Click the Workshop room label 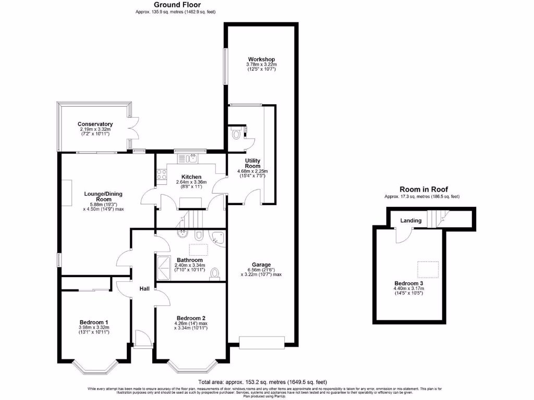pyautogui.click(x=261, y=59)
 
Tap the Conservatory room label pyautogui.click(x=95, y=124)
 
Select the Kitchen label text pyautogui.click(x=191, y=177)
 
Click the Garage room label pyautogui.click(x=261, y=264)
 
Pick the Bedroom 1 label pyautogui.click(x=94, y=322)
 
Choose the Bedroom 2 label pyautogui.click(x=190, y=318)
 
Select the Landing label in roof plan pyautogui.click(x=410, y=221)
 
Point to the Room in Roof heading pyautogui.click(x=423, y=189)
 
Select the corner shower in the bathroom pyautogui.click(x=217, y=238)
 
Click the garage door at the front pyautogui.click(x=261, y=342)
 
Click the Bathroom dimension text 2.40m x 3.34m pyautogui.click(x=190, y=265)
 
